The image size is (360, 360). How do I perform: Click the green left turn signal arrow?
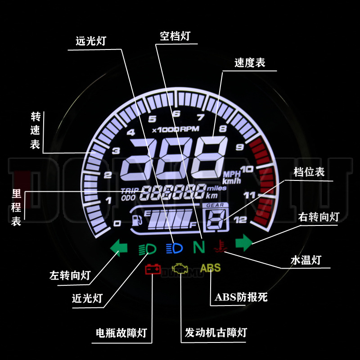point(119,247)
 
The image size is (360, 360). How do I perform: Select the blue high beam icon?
point(175,247)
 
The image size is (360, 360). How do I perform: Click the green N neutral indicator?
point(198,246)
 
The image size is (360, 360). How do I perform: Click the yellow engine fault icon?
point(180,269)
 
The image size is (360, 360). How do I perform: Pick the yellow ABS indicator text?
point(211,268)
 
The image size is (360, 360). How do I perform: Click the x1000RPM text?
point(172,130)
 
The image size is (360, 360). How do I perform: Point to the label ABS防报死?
point(241,297)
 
